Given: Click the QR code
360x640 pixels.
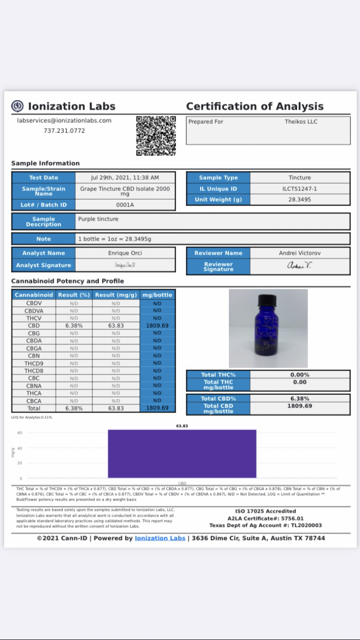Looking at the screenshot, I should [156, 136].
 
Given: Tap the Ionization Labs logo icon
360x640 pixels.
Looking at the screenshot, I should [17, 106].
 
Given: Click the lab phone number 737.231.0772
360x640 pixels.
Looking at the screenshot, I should [64, 130].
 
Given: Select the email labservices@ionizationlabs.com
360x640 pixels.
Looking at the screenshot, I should [64, 120].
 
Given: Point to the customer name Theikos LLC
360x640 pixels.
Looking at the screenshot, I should [301, 122].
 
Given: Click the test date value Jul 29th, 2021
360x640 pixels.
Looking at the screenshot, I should [125, 178].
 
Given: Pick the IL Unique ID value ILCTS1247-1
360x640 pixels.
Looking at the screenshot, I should [300, 189].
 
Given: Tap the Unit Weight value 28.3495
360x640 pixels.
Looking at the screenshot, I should [300, 200].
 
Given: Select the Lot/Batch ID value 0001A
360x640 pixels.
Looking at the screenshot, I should [125, 205].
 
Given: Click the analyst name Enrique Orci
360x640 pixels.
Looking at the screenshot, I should [125, 253].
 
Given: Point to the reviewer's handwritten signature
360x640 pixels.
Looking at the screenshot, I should [299, 266].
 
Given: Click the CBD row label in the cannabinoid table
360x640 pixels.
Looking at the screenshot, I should [34, 326].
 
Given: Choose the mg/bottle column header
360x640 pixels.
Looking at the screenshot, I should [157, 295].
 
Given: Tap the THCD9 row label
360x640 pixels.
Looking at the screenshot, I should [34, 363].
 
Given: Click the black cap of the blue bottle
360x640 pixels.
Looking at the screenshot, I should [266, 300].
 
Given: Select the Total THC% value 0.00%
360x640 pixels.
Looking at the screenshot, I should [300, 375].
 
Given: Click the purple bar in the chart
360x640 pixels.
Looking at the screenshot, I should [182, 453].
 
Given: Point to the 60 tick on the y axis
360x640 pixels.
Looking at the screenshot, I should [20, 433].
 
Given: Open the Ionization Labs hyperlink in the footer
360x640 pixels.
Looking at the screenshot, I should [160, 538].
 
